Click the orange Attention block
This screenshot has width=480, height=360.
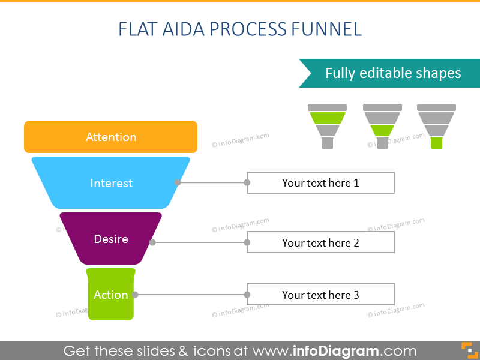pos(110,137)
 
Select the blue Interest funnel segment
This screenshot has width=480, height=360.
pos(110,183)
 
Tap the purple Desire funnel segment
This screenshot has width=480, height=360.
pos(110,239)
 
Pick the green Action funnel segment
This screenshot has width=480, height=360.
pos(110,295)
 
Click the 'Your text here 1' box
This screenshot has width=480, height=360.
pos(320,183)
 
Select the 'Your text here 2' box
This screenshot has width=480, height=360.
pos(320,242)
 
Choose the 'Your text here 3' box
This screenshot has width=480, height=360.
pos(320,295)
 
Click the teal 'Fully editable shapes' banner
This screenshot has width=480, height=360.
pos(393,73)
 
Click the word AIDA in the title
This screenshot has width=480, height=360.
pos(178,29)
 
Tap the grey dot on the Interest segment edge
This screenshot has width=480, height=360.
pos(178,182)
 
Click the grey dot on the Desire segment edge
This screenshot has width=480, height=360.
pos(152,242)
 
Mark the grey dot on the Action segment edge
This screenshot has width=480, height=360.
pos(136,295)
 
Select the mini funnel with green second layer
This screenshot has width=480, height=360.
pos(327,126)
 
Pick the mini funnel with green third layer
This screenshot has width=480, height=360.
pos(382,126)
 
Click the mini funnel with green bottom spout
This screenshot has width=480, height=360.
pos(436,126)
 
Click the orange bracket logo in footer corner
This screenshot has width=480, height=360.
pos(466,350)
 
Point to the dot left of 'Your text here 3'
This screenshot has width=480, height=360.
pos(247,295)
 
